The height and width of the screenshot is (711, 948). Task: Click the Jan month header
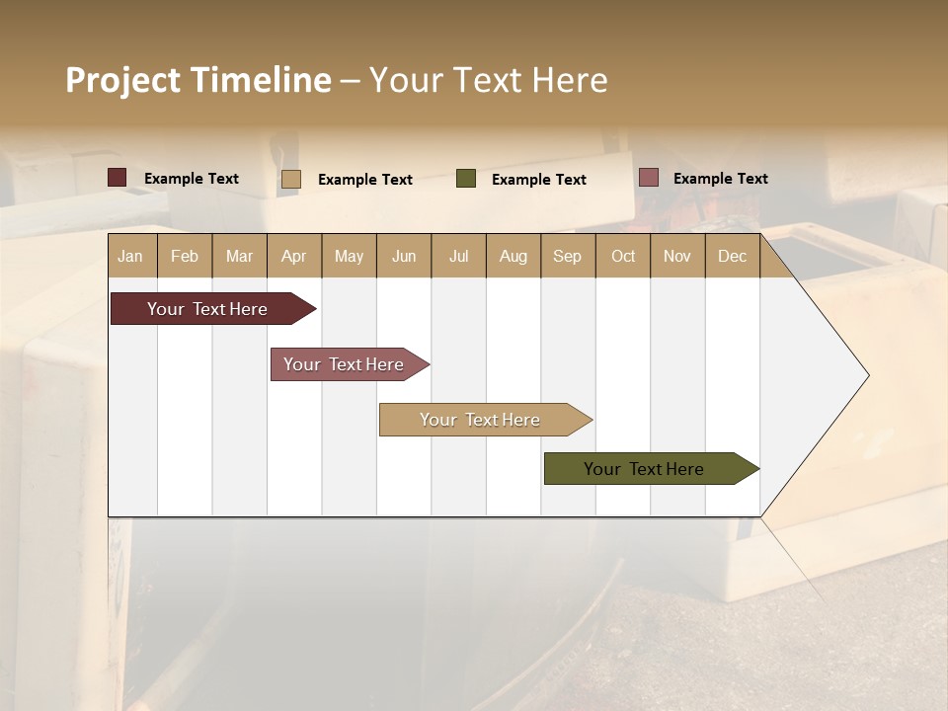tap(131, 256)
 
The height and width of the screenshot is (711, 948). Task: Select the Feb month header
tap(185, 256)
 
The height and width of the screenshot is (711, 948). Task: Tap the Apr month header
tap(294, 256)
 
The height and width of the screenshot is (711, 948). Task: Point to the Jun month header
tap(404, 256)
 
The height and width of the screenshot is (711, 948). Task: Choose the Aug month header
tap(513, 256)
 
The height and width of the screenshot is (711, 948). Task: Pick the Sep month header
tap(568, 256)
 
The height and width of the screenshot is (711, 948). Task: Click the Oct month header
tap(623, 256)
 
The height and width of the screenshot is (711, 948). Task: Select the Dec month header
tap(733, 256)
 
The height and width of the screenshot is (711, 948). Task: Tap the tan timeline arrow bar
tap(481, 420)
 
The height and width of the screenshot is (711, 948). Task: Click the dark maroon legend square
tap(118, 178)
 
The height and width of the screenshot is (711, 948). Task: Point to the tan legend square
tap(291, 179)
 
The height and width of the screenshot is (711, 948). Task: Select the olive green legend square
tap(466, 179)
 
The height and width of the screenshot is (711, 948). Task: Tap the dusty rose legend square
tap(649, 178)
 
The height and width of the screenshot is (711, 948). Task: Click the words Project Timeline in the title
tap(198, 80)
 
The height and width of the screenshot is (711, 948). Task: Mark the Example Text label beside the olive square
tap(539, 180)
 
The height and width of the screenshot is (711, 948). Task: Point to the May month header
tap(349, 256)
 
